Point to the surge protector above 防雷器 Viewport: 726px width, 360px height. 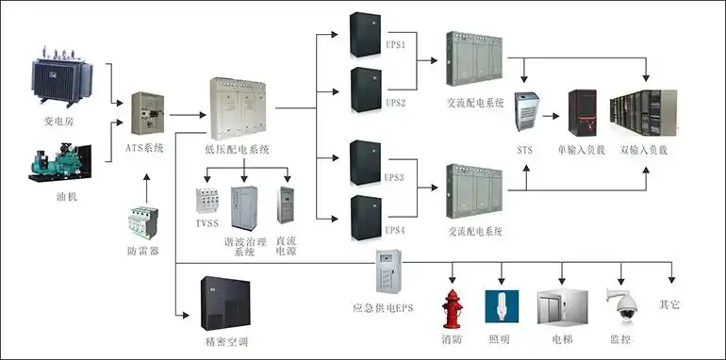point(142,224)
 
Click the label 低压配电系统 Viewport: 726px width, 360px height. point(237,149)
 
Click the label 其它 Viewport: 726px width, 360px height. point(669,304)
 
